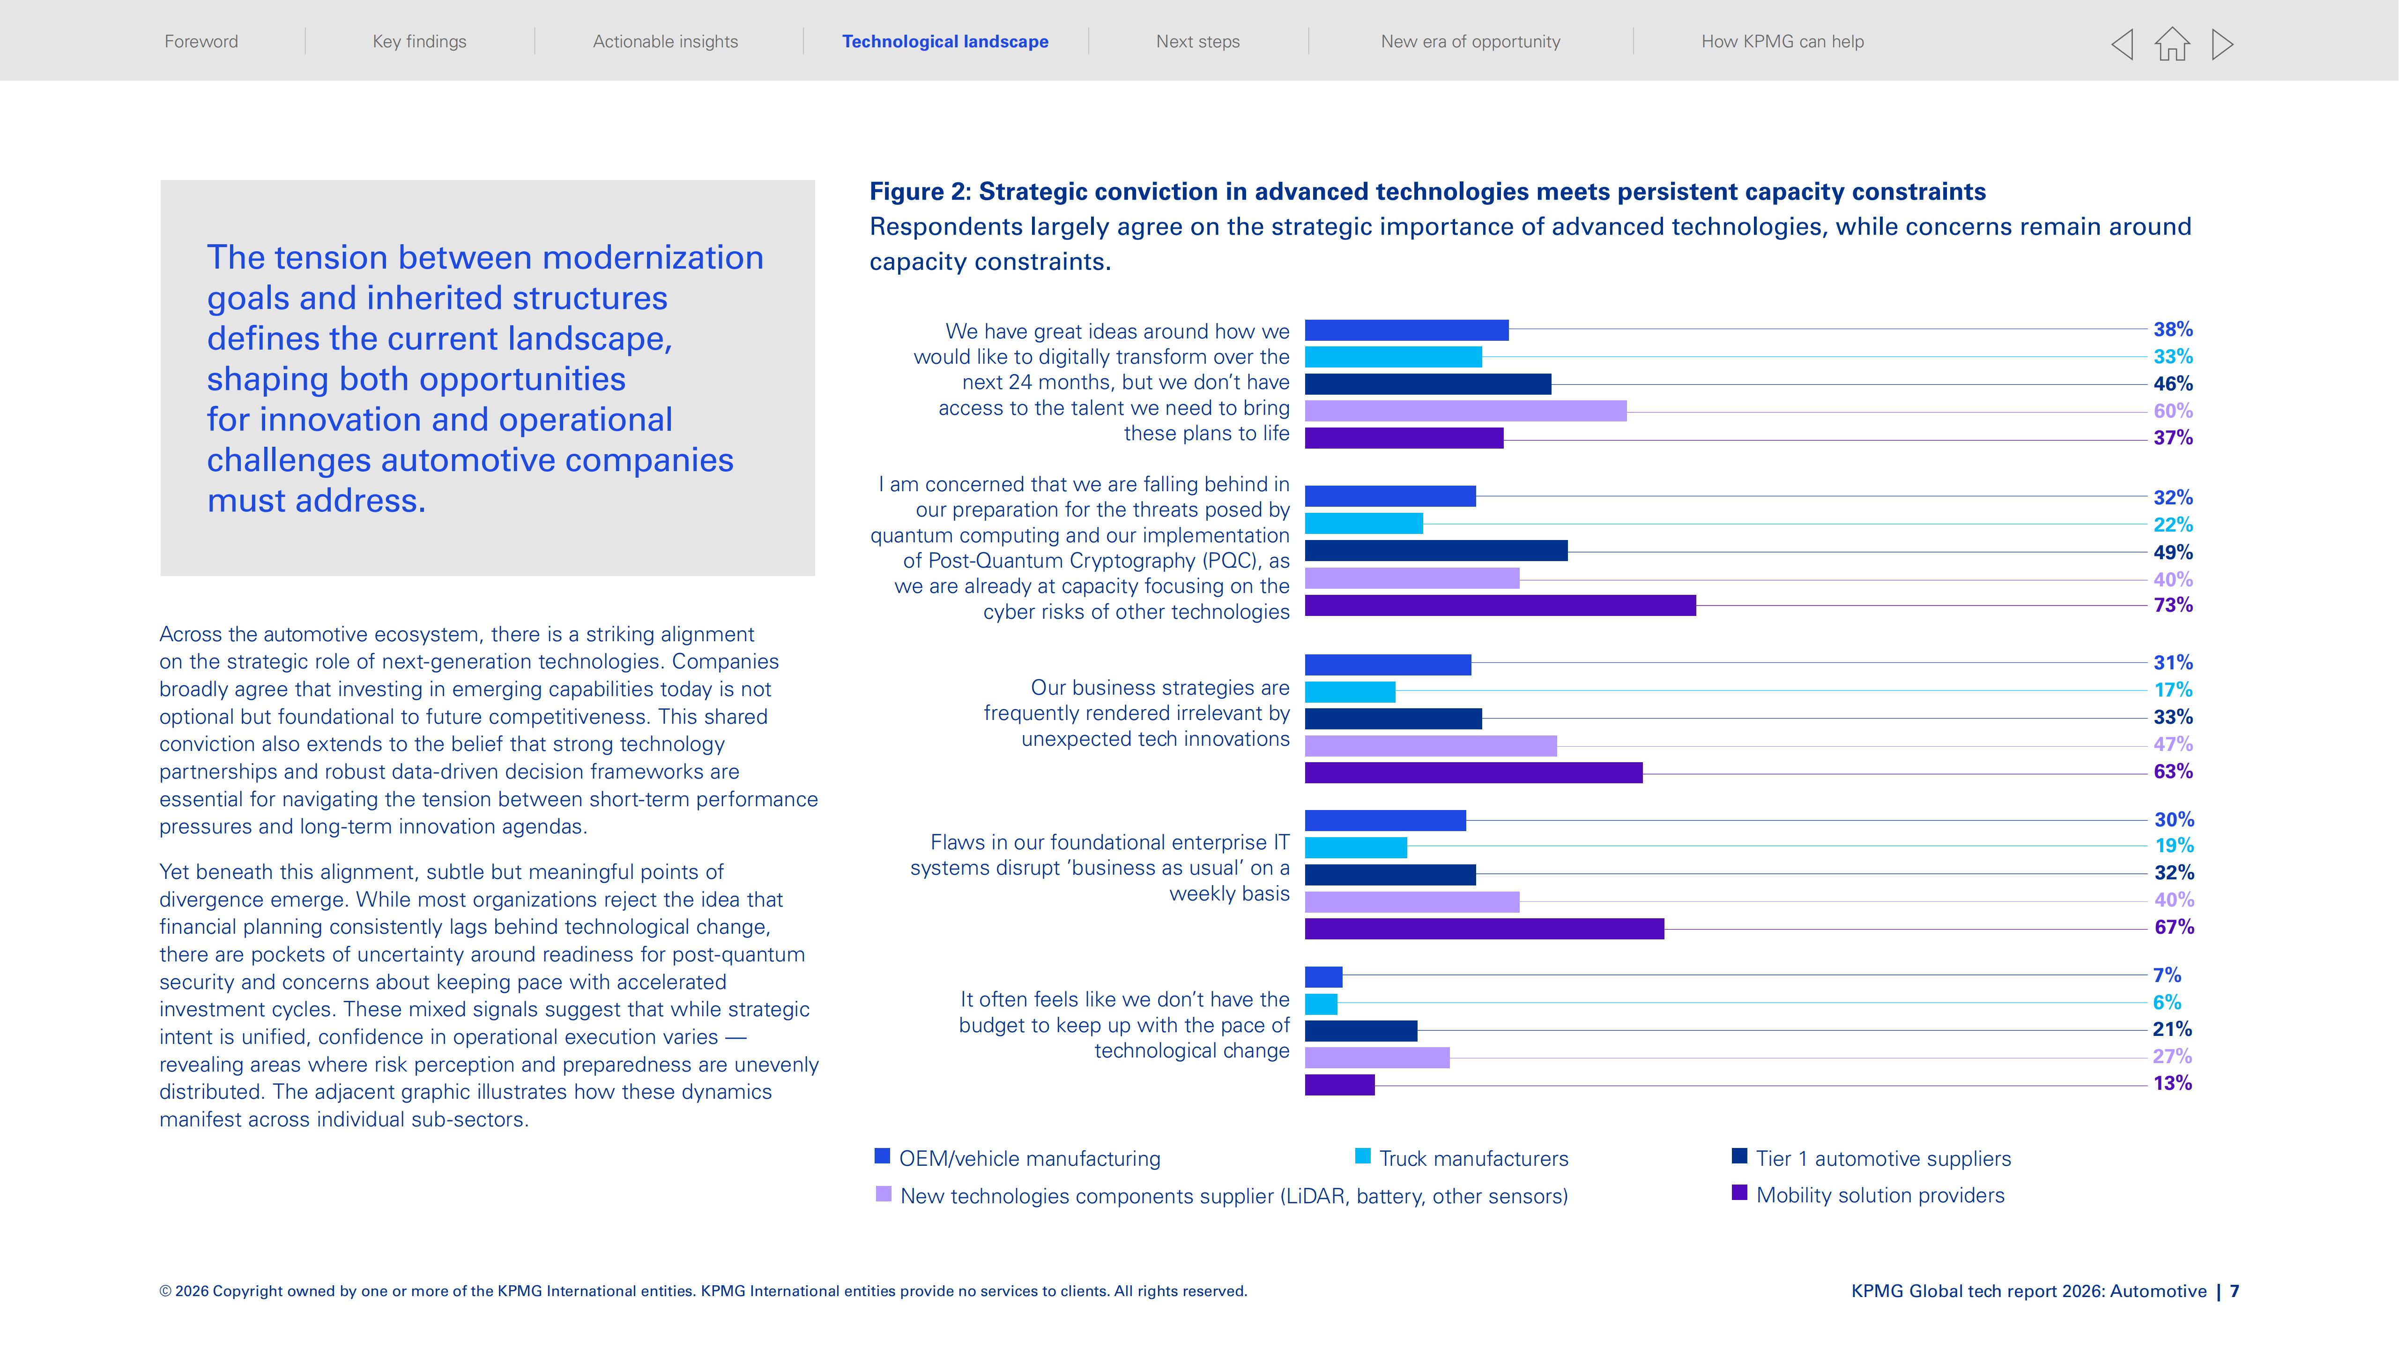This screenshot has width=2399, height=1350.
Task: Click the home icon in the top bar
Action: pos(2172,44)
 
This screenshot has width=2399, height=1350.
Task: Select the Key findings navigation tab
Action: pos(419,41)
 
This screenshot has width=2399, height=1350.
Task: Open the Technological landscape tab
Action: pos(945,41)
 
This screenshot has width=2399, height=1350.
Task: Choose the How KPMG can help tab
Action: pos(1783,41)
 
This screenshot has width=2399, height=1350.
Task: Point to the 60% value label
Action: pos(2173,411)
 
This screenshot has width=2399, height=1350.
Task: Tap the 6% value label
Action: pos(2167,1003)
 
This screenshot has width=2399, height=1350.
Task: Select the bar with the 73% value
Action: pos(1500,606)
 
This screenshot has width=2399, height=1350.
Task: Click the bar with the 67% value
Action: pos(1485,928)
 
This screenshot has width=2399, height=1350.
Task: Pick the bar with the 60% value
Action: pos(1466,411)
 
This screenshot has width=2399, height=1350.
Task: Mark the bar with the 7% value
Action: pos(1323,976)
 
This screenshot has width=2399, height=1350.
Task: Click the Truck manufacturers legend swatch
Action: pos(1362,1156)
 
